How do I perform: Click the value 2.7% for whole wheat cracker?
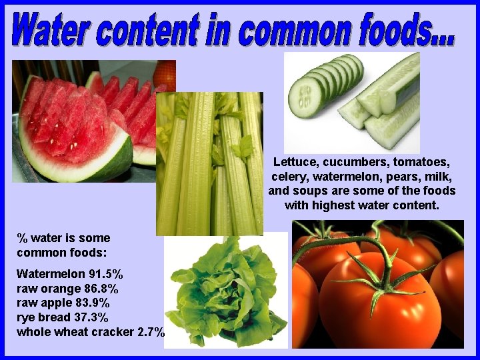click(150, 332)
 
